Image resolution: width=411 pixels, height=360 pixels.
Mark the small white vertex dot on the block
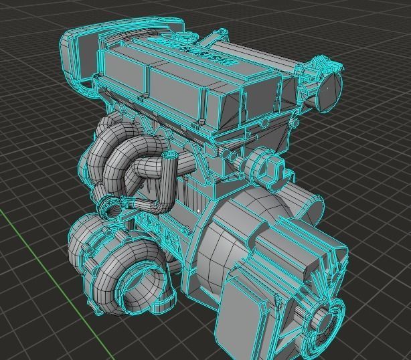pos(199,211)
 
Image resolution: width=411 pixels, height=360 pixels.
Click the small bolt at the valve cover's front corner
pos(200,120)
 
